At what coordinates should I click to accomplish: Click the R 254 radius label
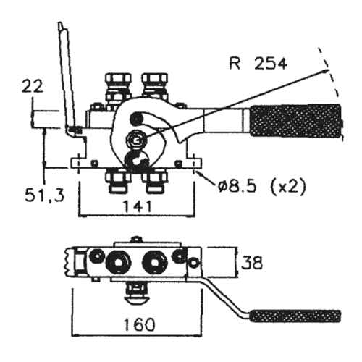pos(258,64)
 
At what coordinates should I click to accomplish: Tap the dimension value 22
pos(33,87)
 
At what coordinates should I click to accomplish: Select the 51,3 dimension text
pos(45,195)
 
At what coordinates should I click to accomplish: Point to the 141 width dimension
pos(138,206)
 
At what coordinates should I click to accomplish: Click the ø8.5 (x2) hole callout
pos(261,187)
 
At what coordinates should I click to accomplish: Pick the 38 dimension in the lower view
pos(252,263)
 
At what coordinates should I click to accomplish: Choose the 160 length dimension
pos(139,324)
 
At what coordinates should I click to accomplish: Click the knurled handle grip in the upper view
pos(296,121)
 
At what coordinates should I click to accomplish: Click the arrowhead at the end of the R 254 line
pos(327,70)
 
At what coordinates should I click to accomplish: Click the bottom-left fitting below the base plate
pos(118,181)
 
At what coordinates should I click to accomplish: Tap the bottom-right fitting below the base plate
pos(155,181)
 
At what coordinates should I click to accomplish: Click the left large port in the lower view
pos(119,263)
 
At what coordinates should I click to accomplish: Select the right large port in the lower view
pos(155,263)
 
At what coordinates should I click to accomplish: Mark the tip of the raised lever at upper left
pos(60,23)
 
